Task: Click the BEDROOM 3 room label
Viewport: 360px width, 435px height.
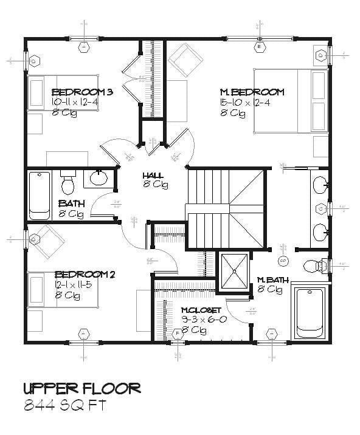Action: click(83, 92)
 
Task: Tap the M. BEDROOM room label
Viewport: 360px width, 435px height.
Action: click(252, 92)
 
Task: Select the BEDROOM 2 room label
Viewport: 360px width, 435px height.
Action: click(85, 274)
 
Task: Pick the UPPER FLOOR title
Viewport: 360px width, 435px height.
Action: click(82, 388)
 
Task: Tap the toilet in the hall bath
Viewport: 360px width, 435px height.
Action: click(67, 181)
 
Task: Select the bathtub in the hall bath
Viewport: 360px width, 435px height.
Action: click(40, 195)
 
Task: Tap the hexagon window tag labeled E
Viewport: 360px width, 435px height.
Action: click(259, 47)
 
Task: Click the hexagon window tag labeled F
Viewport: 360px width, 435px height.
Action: click(178, 334)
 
